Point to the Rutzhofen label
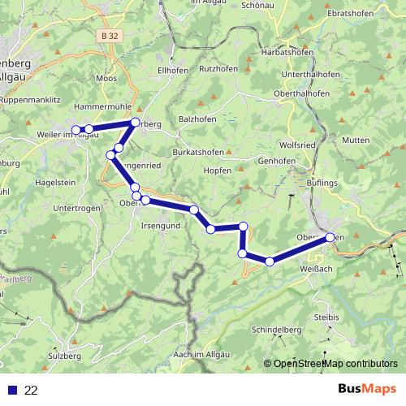point(219,68)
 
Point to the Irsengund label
point(162,225)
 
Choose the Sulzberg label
point(65,356)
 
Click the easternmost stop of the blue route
point(330,237)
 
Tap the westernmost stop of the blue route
point(76,130)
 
